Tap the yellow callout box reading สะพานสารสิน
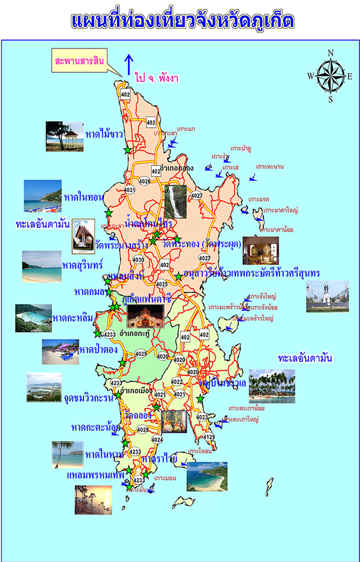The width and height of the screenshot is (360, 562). tap(79, 61)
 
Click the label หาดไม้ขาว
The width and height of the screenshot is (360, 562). tap(104, 134)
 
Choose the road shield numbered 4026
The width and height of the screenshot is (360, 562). tap(145, 181)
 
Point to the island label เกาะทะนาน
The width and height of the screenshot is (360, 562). tap(270, 167)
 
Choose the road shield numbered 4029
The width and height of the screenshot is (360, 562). tap(141, 354)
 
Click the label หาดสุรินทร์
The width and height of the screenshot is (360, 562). tap(82, 264)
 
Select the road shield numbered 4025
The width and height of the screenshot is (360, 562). tap(162, 284)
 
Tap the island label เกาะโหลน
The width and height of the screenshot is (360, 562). tap(200, 451)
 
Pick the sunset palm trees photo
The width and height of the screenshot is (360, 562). tap(93, 500)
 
